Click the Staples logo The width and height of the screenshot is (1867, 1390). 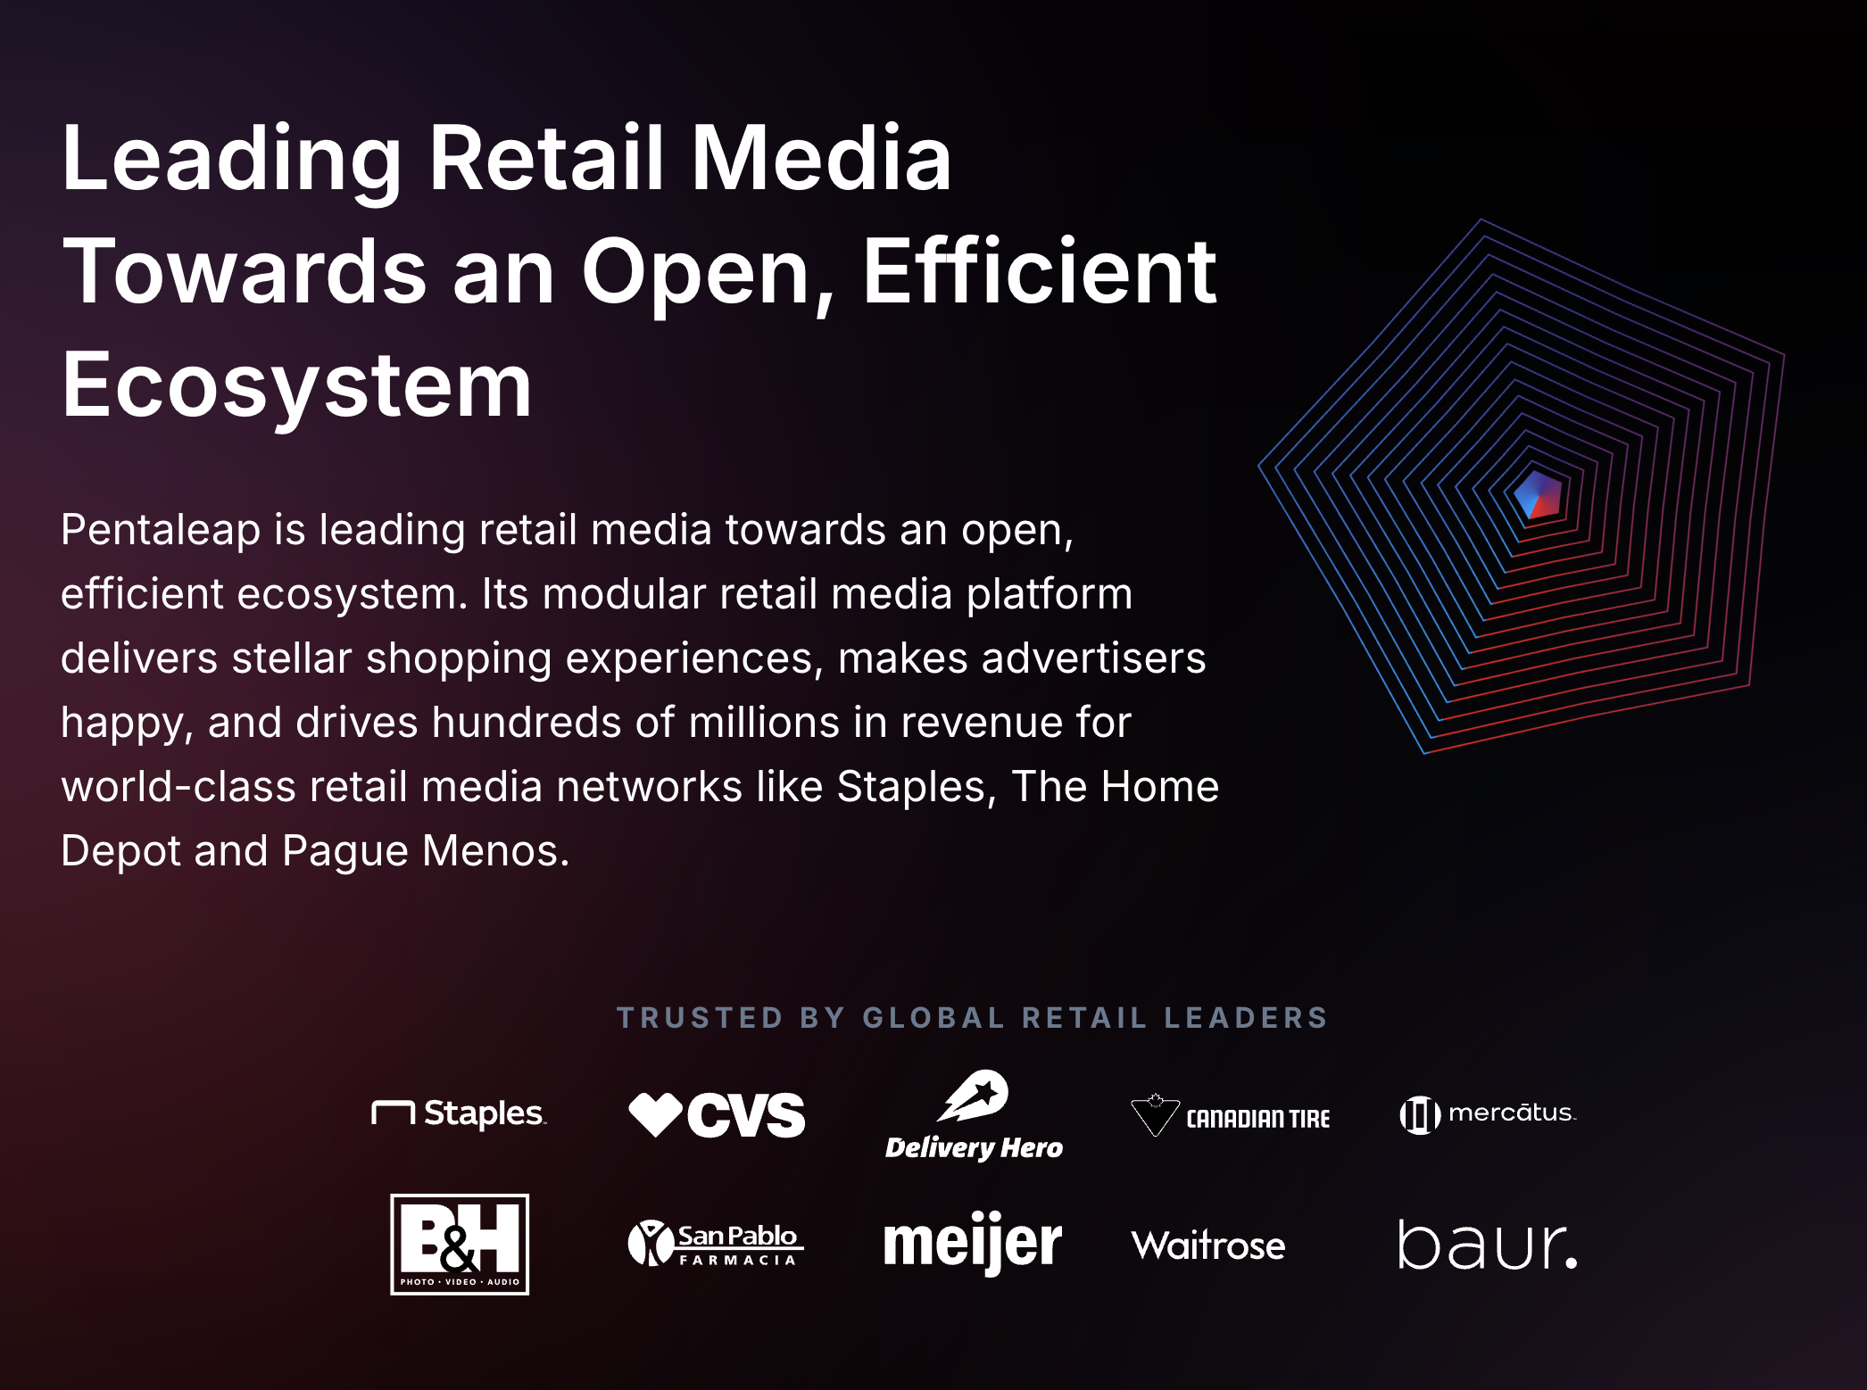pyautogui.click(x=459, y=1113)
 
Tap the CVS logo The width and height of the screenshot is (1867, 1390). pyautogui.click(x=717, y=1115)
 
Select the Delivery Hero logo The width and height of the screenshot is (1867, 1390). pyautogui.click(x=974, y=1115)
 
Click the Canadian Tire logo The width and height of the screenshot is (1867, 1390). pyautogui.click(x=1230, y=1115)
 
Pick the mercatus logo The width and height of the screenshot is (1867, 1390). pyautogui.click(x=1488, y=1114)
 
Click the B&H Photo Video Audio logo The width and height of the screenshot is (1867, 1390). pyautogui.click(x=460, y=1245)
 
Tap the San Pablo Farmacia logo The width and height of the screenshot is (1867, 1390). pyautogui.click(x=716, y=1244)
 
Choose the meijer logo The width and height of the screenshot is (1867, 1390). pyautogui.click(x=973, y=1244)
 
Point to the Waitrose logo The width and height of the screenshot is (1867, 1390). pyautogui.click(x=1208, y=1245)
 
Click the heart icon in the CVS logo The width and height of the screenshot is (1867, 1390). pyautogui.click(x=656, y=1115)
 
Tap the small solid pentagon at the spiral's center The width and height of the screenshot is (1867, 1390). pyautogui.click(x=1539, y=495)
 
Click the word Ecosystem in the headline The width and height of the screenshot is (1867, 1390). pyautogui.click(x=297, y=385)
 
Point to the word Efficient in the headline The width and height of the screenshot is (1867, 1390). pyautogui.click(x=1039, y=271)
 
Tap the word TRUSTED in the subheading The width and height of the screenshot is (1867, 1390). pyautogui.click(x=700, y=1018)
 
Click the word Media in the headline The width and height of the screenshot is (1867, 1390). pyautogui.click(x=821, y=158)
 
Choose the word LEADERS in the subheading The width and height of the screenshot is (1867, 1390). pyautogui.click(x=1246, y=1018)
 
